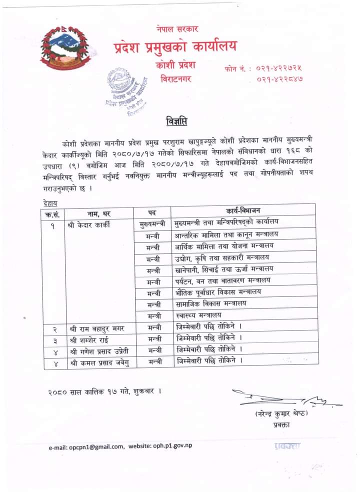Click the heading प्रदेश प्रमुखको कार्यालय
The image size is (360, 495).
coord(175,47)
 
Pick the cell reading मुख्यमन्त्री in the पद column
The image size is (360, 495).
coord(152,224)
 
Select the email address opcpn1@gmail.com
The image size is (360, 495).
coord(96,446)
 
